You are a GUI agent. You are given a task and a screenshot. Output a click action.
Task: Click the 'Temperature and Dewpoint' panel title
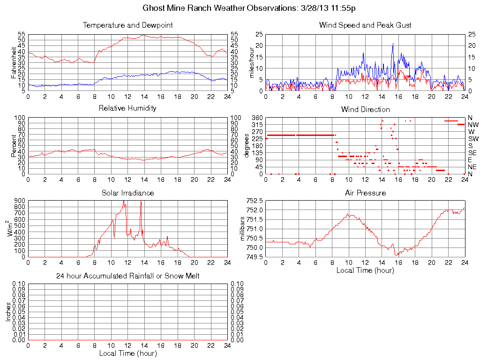pos(127,25)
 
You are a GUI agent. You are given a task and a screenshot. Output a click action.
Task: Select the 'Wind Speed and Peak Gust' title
pos(365,25)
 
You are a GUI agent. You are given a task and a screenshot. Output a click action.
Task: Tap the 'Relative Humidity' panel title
pos(127,108)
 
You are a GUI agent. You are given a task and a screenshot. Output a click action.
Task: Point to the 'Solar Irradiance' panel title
pos(127,193)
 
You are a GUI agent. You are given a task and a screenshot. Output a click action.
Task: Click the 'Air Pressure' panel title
pos(365,193)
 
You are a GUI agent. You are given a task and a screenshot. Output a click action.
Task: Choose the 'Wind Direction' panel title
pos(365,109)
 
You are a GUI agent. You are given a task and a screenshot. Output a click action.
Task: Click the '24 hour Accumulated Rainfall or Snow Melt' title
pos(127,276)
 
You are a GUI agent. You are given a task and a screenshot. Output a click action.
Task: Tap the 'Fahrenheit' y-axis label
pos(14,62)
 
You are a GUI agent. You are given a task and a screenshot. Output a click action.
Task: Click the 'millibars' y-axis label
pos(242,229)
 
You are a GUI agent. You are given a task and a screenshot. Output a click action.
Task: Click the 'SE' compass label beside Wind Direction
pos(472,153)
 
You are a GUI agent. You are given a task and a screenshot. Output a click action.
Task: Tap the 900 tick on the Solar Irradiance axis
pos(20,201)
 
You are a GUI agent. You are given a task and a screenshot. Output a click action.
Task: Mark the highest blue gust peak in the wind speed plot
pos(393,44)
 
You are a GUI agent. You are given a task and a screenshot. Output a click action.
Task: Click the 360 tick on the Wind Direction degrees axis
pos(256,117)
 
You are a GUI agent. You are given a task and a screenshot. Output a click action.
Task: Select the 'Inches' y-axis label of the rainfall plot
pos(8,312)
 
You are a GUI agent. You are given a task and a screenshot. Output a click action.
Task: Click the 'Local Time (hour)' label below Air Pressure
pos(365,270)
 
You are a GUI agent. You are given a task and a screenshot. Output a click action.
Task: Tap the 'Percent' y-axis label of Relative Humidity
pos(14,146)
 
